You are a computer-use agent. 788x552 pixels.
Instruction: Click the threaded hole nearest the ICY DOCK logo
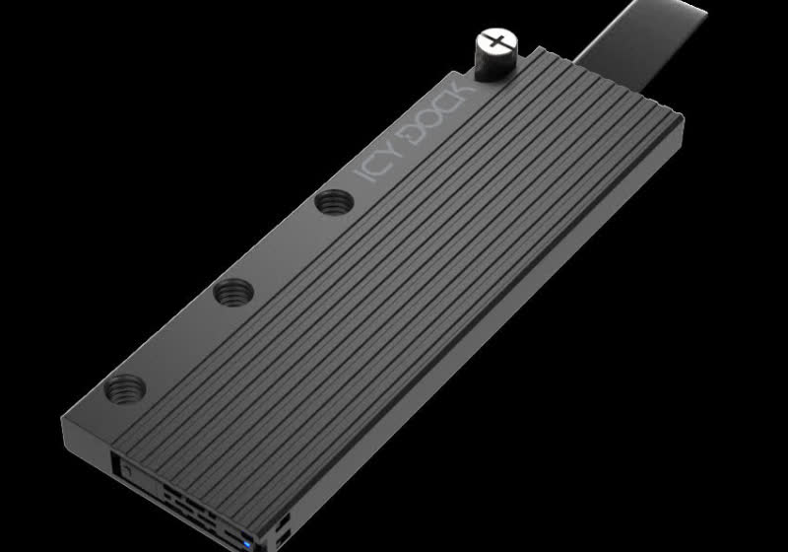coord(328,204)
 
